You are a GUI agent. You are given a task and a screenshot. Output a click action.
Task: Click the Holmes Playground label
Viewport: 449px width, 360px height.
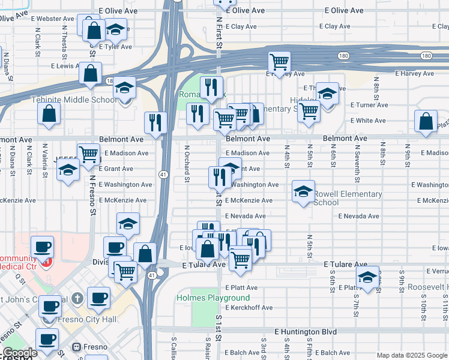click(212, 298)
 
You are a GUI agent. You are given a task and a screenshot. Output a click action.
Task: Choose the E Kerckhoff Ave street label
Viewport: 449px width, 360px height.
click(249, 308)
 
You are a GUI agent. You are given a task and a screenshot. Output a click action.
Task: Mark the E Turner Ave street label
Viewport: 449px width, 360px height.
click(370, 105)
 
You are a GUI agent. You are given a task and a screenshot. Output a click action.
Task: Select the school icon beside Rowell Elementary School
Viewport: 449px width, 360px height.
click(304, 191)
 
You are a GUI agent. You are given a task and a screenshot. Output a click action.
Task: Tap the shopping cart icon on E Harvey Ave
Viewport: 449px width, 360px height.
click(279, 61)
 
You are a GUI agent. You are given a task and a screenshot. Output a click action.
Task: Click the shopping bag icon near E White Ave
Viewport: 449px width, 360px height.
click(426, 121)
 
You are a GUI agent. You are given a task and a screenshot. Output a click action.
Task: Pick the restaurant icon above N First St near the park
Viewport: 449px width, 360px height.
click(211, 87)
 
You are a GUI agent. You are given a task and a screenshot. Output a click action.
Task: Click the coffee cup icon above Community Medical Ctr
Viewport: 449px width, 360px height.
click(42, 246)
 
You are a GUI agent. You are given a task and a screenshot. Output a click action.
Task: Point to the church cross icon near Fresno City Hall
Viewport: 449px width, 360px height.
click(77, 299)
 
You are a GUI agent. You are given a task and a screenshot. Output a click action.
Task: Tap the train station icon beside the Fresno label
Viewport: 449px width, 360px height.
click(77, 347)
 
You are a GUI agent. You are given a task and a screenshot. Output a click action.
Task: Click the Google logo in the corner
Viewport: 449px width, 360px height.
click(19, 353)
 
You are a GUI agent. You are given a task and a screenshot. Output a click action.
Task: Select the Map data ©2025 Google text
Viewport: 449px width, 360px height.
click(412, 355)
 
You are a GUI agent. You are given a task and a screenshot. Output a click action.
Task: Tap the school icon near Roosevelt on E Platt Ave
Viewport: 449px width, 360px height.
click(368, 277)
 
